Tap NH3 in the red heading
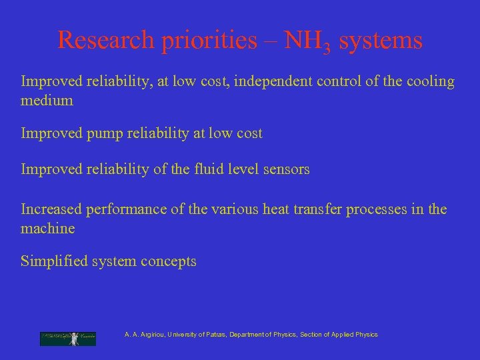(x=308, y=41)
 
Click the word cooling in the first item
(x=429, y=82)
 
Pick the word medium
(x=47, y=101)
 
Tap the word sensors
(x=285, y=169)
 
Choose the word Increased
(x=51, y=209)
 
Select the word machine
(x=48, y=228)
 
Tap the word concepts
(x=171, y=261)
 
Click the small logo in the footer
(x=67, y=338)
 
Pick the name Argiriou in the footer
(x=152, y=335)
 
